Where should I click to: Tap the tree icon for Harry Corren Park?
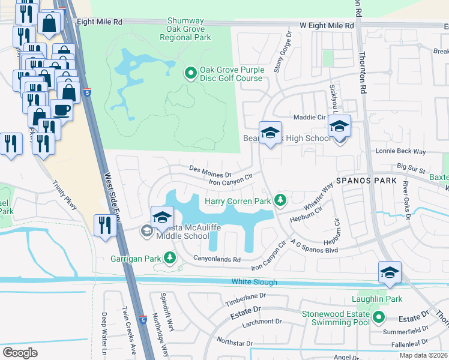click(279, 200)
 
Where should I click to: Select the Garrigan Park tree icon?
click(170, 258)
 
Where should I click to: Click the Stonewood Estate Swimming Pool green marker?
click(378, 317)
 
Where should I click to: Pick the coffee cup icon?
click(61, 110)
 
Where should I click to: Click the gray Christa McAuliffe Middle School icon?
click(146, 230)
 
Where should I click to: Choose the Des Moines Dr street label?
click(210, 168)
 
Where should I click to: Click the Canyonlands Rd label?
click(217, 259)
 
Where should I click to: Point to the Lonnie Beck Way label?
click(400, 152)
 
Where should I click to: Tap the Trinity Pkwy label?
click(65, 196)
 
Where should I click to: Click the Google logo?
click(20, 352)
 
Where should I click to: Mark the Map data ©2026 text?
click(423, 355)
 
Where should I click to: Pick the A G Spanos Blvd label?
click(314, 246)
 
